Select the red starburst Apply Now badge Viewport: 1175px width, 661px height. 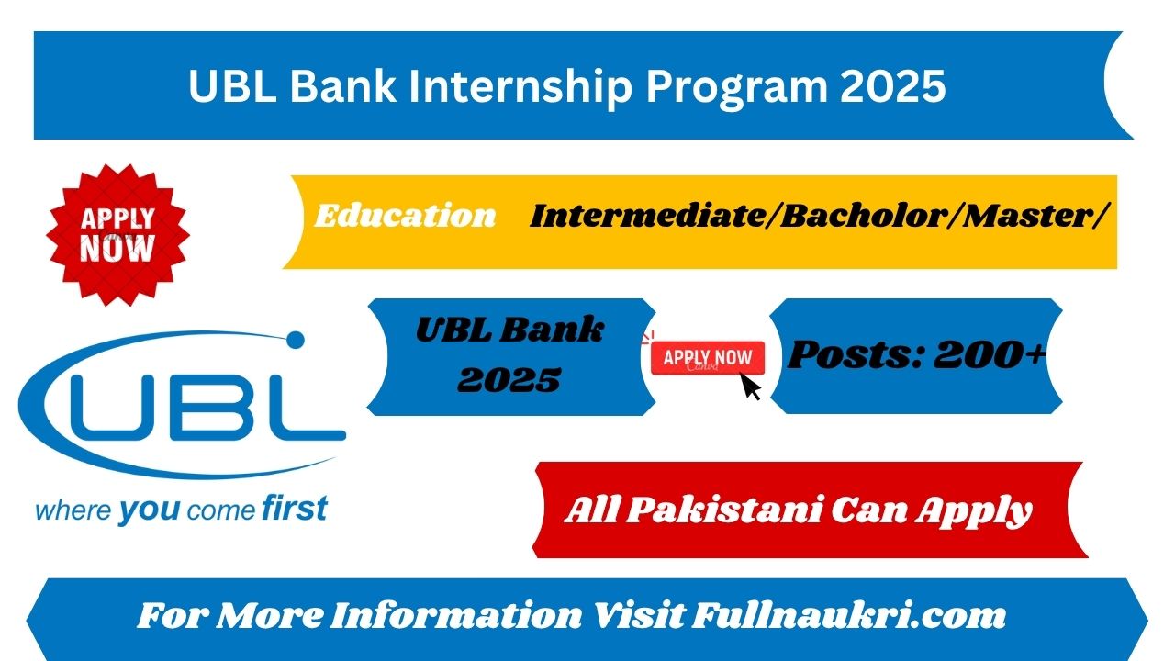pos(117,235)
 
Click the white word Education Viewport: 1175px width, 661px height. pos(405,216)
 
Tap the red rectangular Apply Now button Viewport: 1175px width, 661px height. pos(708,358)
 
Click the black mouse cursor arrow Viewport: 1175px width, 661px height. pos(750,387)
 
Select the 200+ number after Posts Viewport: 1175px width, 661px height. pos(990,354)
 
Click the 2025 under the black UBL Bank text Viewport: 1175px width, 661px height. pos(509,380)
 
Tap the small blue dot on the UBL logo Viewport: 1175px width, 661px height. pos(296,340)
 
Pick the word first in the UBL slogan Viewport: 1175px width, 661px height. pos(295,508)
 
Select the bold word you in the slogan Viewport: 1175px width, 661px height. pos(150,510)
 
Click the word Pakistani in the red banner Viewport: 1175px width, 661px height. pos(724,510)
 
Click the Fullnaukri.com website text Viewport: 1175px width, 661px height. pos(848,615)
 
